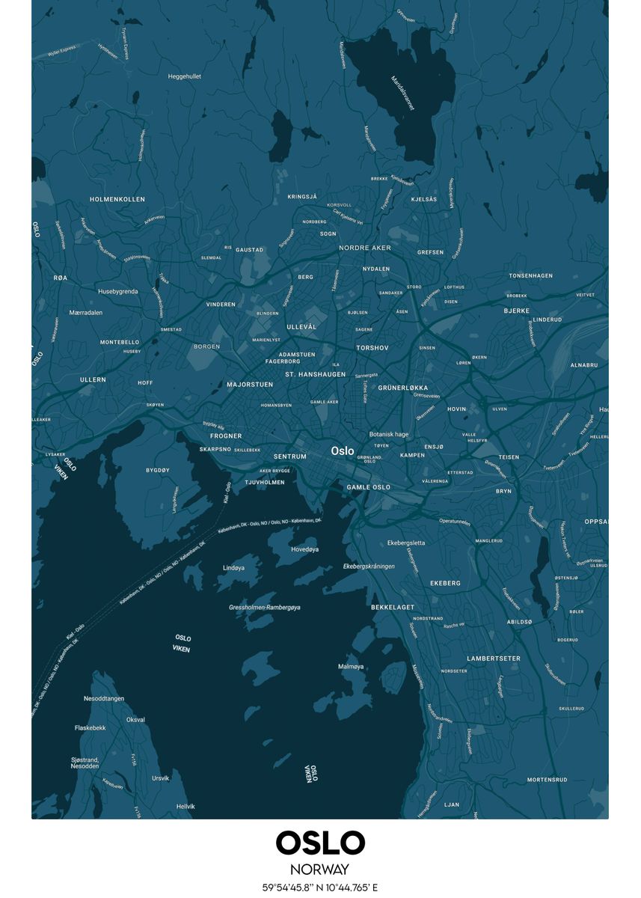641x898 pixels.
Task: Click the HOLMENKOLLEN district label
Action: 117,199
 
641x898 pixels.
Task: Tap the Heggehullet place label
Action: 184,76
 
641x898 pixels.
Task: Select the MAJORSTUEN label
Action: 250,385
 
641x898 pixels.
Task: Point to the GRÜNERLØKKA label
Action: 403,388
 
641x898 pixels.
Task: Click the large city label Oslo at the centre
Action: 343,451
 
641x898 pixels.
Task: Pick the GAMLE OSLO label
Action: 368,487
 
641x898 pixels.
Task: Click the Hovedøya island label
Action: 304,549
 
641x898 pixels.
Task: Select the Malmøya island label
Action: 351,666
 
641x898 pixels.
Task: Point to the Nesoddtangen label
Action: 104,698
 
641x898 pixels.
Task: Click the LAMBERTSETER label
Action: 494,659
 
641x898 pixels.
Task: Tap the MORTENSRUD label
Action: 547,780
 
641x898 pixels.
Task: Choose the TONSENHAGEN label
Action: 530,275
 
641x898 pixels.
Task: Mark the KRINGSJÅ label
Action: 302,197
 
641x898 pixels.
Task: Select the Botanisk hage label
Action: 389,434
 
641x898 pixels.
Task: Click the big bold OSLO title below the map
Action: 320,843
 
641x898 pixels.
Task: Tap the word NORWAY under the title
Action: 320,870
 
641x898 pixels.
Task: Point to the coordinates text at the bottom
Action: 320,888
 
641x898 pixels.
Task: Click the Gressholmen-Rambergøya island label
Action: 264,607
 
